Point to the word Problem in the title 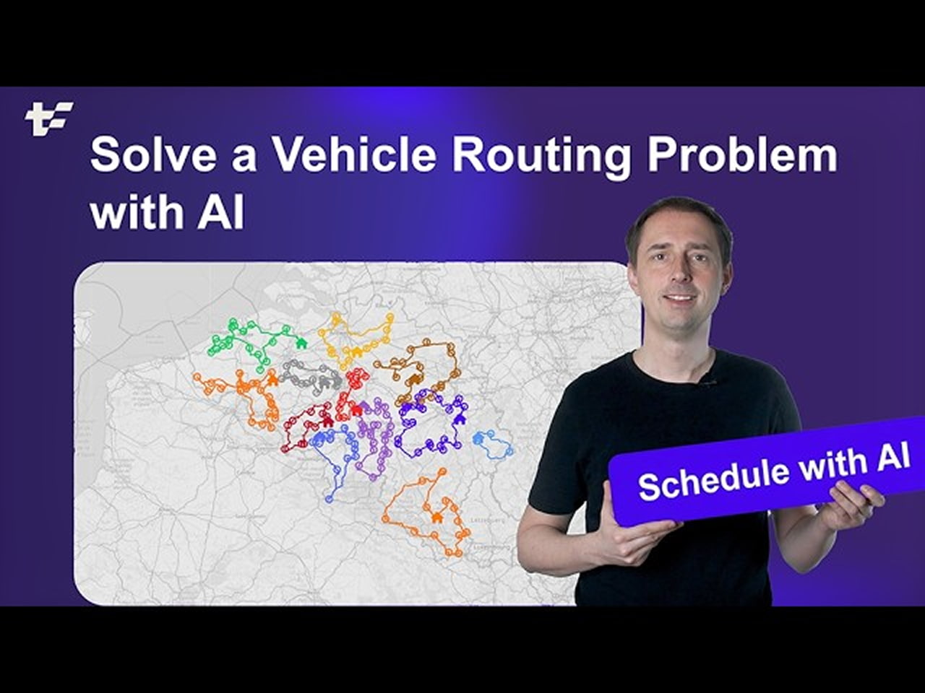(x=741, y=156)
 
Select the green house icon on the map (x=301, y=342)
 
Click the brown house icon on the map (x=414, y=378)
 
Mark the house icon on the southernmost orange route (x=436, y=517)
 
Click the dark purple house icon (x=457, y=419)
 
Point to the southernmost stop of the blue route (x=329, y=498)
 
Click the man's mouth (x=682, y=297)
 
